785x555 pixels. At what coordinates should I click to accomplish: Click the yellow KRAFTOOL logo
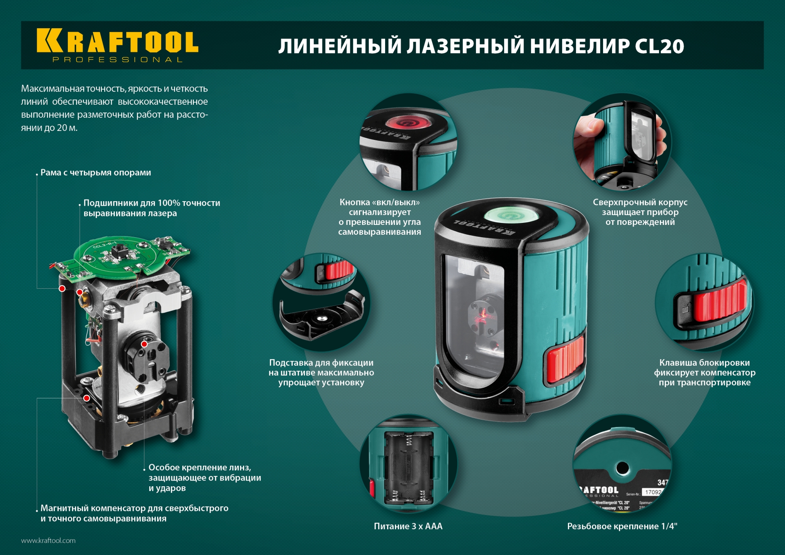pyautogui.click(x=117, y=41)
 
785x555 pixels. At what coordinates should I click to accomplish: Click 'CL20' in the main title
pyautogui.click(x=659, y=46)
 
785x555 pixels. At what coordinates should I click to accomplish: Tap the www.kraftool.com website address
pyautogui.click(x=48, y=540)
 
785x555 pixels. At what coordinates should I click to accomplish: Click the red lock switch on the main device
pyautogui.click(x=565, y=358)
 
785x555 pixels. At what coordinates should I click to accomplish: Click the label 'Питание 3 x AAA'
pyautogui.click(x=408, y=526)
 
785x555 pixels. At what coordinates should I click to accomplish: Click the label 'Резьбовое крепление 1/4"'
pyautogui.click(x=622, y=526)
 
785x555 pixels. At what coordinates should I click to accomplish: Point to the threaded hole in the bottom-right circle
pyautogui.click(x=622, y=468)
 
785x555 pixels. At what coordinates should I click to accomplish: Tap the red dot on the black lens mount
pyautogui.click(x=144, y=344)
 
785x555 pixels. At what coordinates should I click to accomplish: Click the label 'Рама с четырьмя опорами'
pyautogui.click(x=96, y=173)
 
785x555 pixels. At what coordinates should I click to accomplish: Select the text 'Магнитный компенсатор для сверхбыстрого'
pyautogui.click(x=134, y=508)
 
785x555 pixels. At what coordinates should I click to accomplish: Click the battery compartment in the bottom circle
pyautogui.click(x=408, y=468)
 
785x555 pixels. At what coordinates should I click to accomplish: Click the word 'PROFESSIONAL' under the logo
pyautogui.click(x=117, y=60)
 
